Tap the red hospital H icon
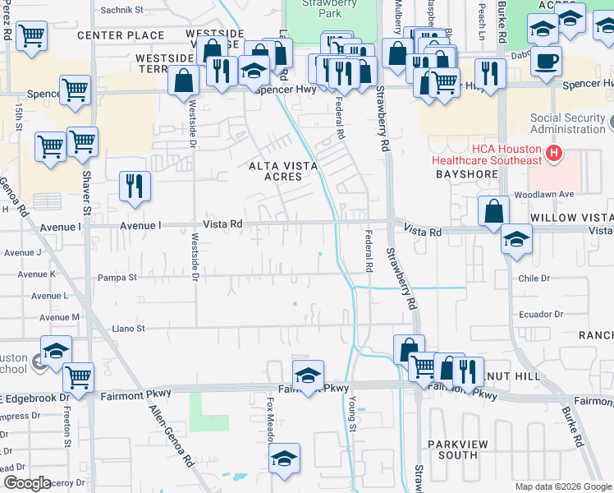pos(555,152)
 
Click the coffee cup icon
pos(546,60)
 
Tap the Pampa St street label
pos(120,278)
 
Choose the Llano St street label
pos(128,328)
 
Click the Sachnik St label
pos(121,11)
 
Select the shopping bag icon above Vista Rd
pos(494,210)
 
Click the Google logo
pos(26,483)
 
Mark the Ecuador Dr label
pos(540,314)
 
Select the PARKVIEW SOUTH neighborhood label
pos(452,449)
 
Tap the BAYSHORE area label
pos(466,175)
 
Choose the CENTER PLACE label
pos(121,35)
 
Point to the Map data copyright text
pos(562,486)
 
